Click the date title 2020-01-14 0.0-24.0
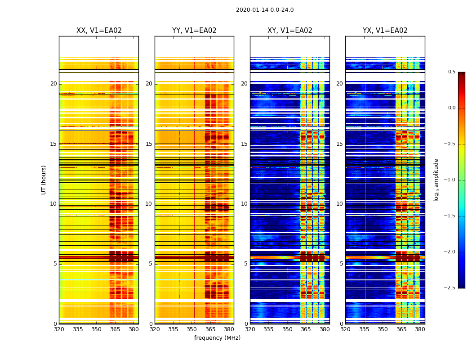[265, 10]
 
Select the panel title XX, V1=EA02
[99, 31]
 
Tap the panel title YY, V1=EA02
[194, 31]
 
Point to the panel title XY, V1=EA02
[290, 31]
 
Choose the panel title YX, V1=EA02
[385, 31]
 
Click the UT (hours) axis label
[44, 180]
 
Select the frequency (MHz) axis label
[217, 338]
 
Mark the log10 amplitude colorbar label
[436, 180]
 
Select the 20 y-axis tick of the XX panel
[53, 84]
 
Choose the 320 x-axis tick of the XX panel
[59, 329]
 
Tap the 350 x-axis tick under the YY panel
[192, 329]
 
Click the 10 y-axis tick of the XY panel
[244, 204]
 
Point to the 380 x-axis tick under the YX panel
[420, 329]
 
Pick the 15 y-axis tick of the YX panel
[340, 144]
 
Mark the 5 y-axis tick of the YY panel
[151, 264]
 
